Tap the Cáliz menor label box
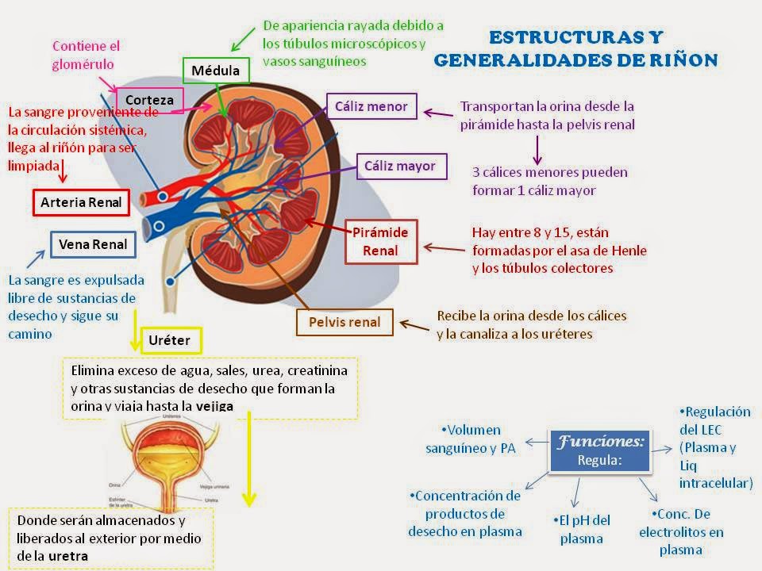coord(371,106)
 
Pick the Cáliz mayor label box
coord(401,167)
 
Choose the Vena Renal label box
coord(93,244)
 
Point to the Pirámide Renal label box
coord(379,242)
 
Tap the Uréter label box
coord(168,342)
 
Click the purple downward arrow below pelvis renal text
coord(537,148)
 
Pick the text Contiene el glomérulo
coord(87,55)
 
